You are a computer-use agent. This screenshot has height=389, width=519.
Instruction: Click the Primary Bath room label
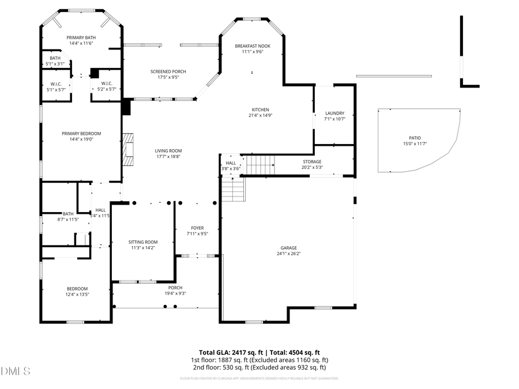pyautogui.click(x=81, y=37)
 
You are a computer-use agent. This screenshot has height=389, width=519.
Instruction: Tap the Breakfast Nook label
pyautogui.click(x=253, y=46)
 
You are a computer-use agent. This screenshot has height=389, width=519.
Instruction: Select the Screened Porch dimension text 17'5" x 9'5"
pyautogui.click(x=168, y=77)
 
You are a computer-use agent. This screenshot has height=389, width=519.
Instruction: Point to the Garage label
pyautogui.click(x=288, y=248)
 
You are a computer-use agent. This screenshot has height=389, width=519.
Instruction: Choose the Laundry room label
pyautogui.click(x=334, y=113)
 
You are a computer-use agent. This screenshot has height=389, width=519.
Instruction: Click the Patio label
pyautogui.click(x=415, y=138)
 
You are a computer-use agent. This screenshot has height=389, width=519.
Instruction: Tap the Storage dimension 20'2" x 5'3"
pyautogui.click(x=312, y=168)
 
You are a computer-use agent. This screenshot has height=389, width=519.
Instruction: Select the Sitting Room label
pyautogui.click(x=142, y=242)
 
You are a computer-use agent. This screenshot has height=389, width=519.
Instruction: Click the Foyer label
pyautogui.click(x=197, y=228)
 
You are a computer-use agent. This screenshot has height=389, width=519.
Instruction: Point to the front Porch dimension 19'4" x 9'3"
pyautogui.click(x=175, y=293)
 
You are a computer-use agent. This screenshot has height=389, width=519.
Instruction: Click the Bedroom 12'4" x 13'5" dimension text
pyautogui.click(x=77, y=294)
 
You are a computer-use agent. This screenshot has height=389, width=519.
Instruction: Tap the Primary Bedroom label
pyautogui.click(x=81, y=133)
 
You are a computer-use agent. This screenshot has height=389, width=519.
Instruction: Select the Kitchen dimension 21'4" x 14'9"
pyautogui.click(x=259, y=115)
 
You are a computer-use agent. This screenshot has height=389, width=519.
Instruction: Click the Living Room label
pyautogui.click(x=168, y=151)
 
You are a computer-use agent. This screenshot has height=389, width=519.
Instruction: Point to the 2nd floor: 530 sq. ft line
pyautogui.click(x=259, y=367)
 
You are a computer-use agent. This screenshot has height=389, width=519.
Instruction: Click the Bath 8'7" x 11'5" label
pyautogui.click(x=67, y=214)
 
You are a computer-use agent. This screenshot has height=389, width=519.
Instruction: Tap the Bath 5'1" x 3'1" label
pyautogui.click(x=55, y=58)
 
